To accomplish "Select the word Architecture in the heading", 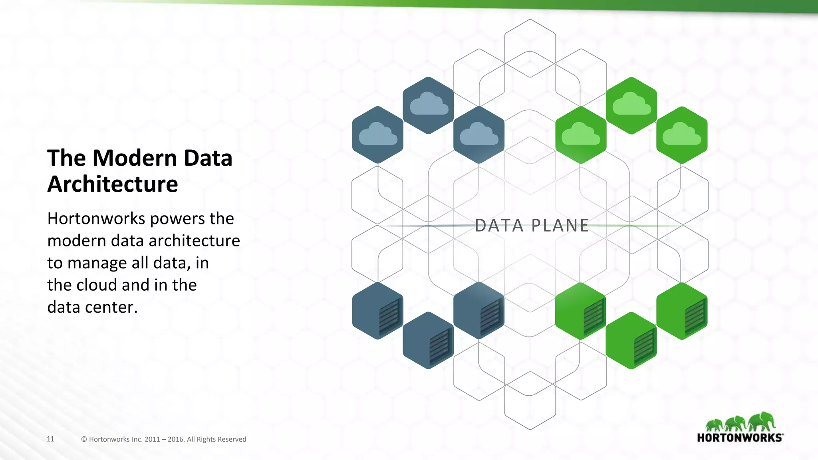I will click(x=113, y=184).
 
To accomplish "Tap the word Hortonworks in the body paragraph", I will click(x=96, y=219).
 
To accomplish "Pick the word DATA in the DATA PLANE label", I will click(x=499, y=226).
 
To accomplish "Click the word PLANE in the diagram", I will click(x=560, y=226).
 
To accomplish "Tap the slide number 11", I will click(x=50, y=439).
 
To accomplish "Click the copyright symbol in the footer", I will click(x=84, y=439).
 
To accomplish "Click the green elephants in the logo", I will click(x=741, y=422).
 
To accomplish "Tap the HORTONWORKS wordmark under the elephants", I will click(x=740, y=438).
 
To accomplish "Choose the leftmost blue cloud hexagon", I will click(x=377, y=135).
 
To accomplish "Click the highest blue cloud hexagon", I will click(x=428, y=105).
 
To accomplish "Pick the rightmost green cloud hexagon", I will click(x=682, y=135).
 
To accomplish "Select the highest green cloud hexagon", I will click(x=631, y=105).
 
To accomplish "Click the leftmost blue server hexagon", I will click(x=377, y=311).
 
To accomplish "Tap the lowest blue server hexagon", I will click(x=428, y=340).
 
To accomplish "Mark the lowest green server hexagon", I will click(x=631, y=340).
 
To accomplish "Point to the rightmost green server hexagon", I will click(x=682, y=311).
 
